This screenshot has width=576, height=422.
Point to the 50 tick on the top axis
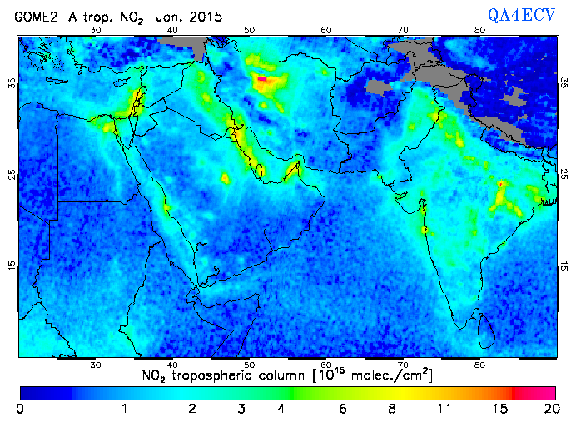[249, 30]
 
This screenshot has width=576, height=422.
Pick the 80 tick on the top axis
[480, 30]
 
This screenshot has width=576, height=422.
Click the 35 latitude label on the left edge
[12, 83]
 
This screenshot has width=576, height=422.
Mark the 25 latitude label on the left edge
[12, 174]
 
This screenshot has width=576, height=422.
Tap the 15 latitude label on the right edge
[565, 265]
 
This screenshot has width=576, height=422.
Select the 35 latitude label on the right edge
[565, 83]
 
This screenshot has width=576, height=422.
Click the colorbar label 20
[549, 409]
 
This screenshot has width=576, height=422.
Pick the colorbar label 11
[446, 409]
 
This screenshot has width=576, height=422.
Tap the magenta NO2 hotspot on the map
[261, 78]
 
